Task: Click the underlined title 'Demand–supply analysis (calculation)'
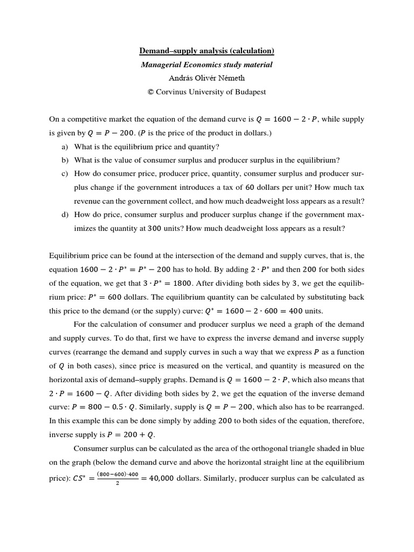[x=207, y=51]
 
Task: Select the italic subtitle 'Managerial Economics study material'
[x=207, y=65]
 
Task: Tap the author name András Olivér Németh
[x=207, y=78]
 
